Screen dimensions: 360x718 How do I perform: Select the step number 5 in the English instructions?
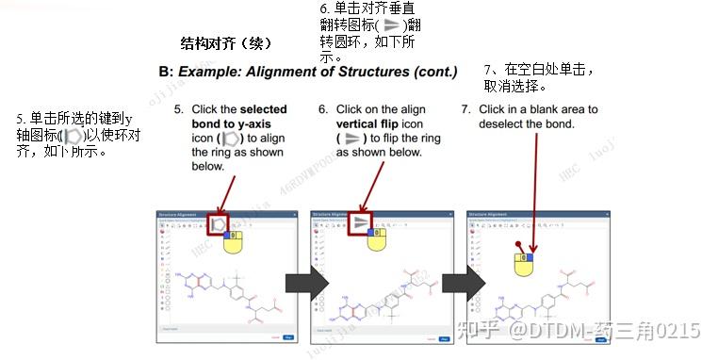click(180, 109)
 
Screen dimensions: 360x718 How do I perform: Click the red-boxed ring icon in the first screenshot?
click(219, 224)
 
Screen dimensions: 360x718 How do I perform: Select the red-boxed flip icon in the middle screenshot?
click(362, 222)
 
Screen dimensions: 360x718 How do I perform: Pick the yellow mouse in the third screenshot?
click(524, 263)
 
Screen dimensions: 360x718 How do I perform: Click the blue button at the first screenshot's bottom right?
click(287, 336)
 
